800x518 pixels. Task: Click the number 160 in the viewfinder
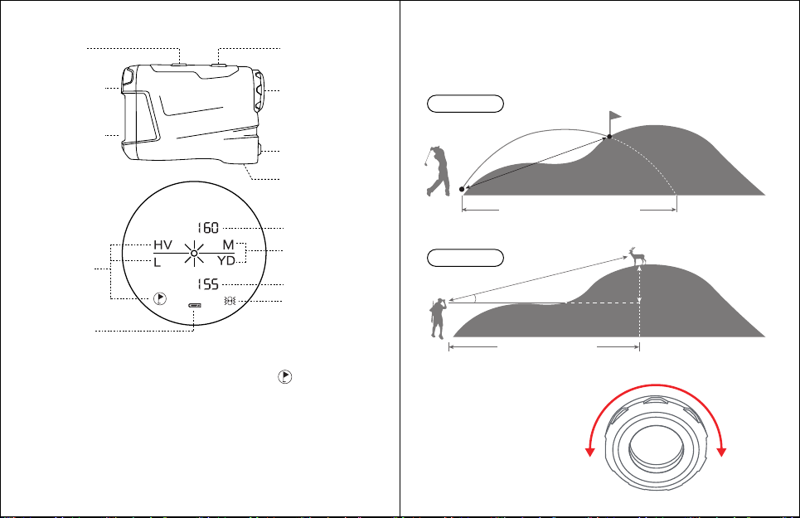pyautogui.click(x=208, y=227)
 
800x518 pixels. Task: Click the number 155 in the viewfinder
pyautogui.click(x=208, y=284)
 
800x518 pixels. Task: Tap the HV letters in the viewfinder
pyautogui.click(x=162, y=245)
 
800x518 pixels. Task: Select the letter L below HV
pyautogui.click(x=158, y=263)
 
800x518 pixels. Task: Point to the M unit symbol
pyautogui.click(x=228, y=245)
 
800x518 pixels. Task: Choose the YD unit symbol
pyautogui.click(x=226, y=261)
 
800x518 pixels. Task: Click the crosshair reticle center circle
pyautogui.click(x=194, y=254)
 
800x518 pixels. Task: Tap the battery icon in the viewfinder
pyautogui.click(x=194, y=305)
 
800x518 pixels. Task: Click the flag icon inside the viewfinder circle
pyautogui.click(x=160, y=298)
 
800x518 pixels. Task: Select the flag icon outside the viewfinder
pyautogui.click(x=284, y=377)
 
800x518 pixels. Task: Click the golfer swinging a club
pyautogui.click(x=438, y=172)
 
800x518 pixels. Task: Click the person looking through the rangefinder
pyautogui.click(x=439, y=318)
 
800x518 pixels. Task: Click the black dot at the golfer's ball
pyautogui.click(x=462, y=189)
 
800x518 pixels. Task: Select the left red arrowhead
pyautogui.click(x=589, y=452)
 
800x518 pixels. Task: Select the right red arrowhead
pyautogui.click(x=721, y=452)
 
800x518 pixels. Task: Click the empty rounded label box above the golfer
pyautogui.click(x=465, y=104)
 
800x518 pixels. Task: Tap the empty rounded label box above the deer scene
pyautogui.click(x=465, y=258)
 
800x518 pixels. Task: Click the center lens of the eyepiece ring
pyautogui.click(x=656, y=445)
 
